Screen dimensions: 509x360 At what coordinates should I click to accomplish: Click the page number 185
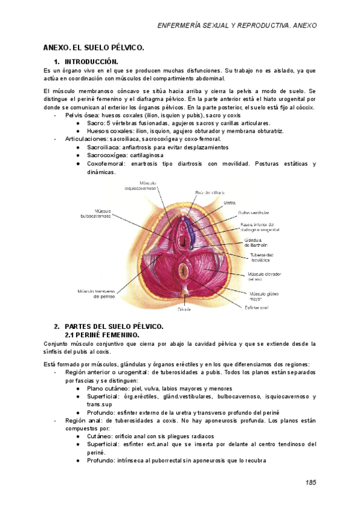click(x=310, y=482)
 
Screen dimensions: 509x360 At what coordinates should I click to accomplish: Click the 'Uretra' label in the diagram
click(x=230, y=203)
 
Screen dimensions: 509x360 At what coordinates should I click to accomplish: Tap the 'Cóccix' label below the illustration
click(x=184, y=310)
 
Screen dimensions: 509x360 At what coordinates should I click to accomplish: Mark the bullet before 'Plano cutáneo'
click(x=79, y=388)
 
